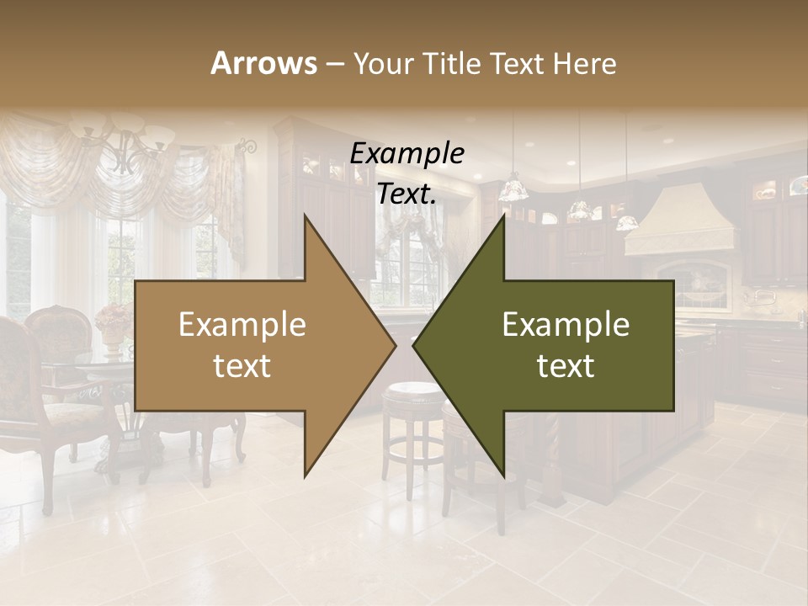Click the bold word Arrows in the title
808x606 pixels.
(264, 63)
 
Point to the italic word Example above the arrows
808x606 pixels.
(407, 154)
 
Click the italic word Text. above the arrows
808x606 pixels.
(407, 194)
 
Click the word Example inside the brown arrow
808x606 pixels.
(242, 325)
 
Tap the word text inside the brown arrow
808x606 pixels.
(242, 366)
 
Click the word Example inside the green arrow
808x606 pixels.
(566, 325)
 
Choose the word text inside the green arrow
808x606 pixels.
(566, 366)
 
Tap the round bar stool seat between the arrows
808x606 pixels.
(412, 391)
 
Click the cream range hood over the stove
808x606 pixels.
(673, 223)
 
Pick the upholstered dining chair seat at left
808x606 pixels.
(76, 412)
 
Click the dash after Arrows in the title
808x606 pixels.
(334, 64)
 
